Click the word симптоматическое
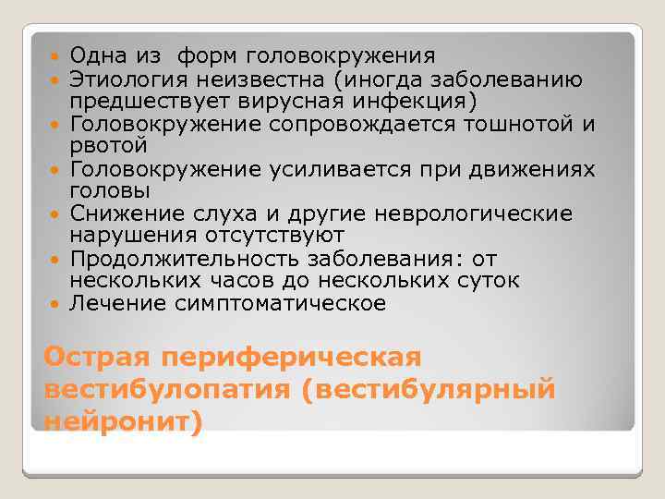click(x=282, y=303)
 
